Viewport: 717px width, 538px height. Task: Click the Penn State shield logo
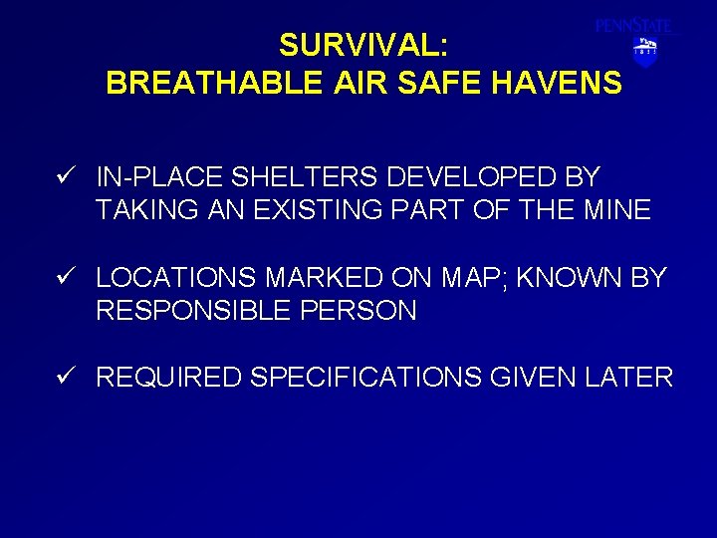tap(645, 52)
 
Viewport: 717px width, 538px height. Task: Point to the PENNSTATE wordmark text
tap(634, 26)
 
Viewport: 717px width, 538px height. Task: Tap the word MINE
tap(617, 211)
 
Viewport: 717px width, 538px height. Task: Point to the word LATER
tap(629, 378)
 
